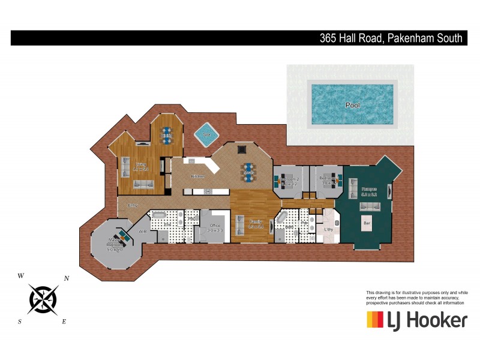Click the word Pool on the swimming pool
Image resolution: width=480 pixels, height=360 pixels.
click(353, 105)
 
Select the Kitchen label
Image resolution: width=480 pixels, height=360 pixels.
click(197, 176)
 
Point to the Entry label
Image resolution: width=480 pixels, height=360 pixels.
click(133, 206)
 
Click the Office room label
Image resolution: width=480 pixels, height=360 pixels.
click(215, 227)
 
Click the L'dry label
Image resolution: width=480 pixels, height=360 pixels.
click(328, 229)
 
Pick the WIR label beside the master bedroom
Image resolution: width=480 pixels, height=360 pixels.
click(143, 231)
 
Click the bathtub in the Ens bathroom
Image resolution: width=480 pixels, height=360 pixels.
click(159, 215)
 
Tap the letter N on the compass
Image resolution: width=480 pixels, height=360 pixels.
click(67, 278)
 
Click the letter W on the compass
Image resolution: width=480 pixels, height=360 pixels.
click(21, 276)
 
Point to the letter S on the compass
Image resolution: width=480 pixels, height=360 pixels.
click(20, 322)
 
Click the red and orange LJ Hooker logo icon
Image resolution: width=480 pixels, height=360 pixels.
click(375, 320)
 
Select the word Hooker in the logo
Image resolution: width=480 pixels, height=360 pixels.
click(436, 320)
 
